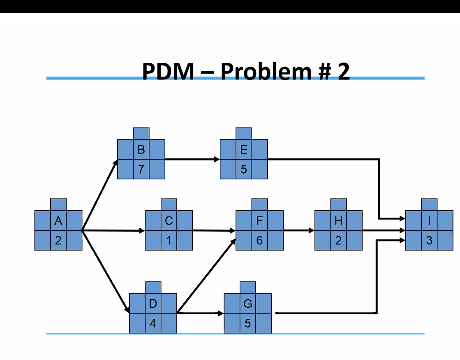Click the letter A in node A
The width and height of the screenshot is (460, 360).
point(58,221)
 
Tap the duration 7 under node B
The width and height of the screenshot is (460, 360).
point(141,169)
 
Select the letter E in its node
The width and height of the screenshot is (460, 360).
point(244,150)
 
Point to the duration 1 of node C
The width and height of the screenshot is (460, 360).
point(169,240)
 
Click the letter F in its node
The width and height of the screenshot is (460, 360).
point(259,221)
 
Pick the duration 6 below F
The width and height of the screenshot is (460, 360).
point(259,240)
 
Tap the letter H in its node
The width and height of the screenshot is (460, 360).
point(338,221)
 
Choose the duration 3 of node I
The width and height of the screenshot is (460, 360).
point(429,240)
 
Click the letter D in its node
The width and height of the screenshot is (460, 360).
point(153,304)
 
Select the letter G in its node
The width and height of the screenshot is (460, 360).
point(247,304)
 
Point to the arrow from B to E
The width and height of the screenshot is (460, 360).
point(192,159)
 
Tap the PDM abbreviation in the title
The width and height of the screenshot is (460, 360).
point(168,72)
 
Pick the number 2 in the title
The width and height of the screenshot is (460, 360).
point(343,72)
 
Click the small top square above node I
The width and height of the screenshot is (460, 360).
point(429,204)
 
